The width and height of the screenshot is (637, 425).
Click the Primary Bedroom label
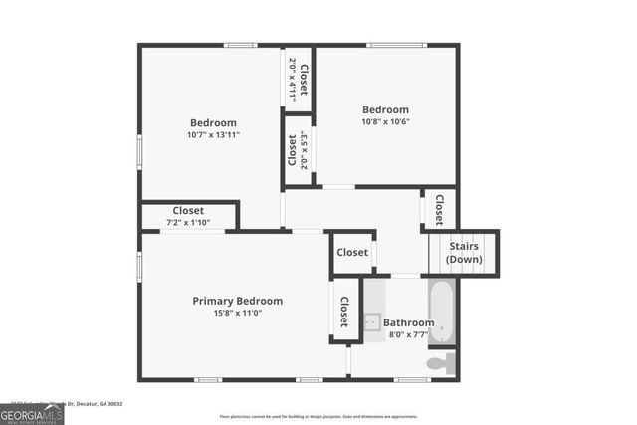237,301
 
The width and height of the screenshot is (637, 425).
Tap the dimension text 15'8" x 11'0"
237,313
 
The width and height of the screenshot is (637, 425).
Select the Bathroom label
409,323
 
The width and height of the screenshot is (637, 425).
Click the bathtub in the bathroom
443,311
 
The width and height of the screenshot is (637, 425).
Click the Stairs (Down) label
464,253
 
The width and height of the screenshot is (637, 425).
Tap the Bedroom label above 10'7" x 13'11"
212,123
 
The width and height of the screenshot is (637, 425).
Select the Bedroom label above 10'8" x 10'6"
385,110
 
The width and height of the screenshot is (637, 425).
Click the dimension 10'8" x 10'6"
385,122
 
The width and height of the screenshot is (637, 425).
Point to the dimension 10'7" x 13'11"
212,135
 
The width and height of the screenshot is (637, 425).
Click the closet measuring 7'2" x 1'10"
188,216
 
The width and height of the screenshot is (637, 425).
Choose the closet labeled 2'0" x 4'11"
298,78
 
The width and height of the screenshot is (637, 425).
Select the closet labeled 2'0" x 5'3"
298,150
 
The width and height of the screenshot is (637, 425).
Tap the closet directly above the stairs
440,209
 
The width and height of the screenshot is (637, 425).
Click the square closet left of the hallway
352,253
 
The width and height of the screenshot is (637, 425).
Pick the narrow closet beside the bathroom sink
344,312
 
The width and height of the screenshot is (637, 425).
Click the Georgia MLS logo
32,412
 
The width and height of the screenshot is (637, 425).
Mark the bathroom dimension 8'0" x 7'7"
409,335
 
